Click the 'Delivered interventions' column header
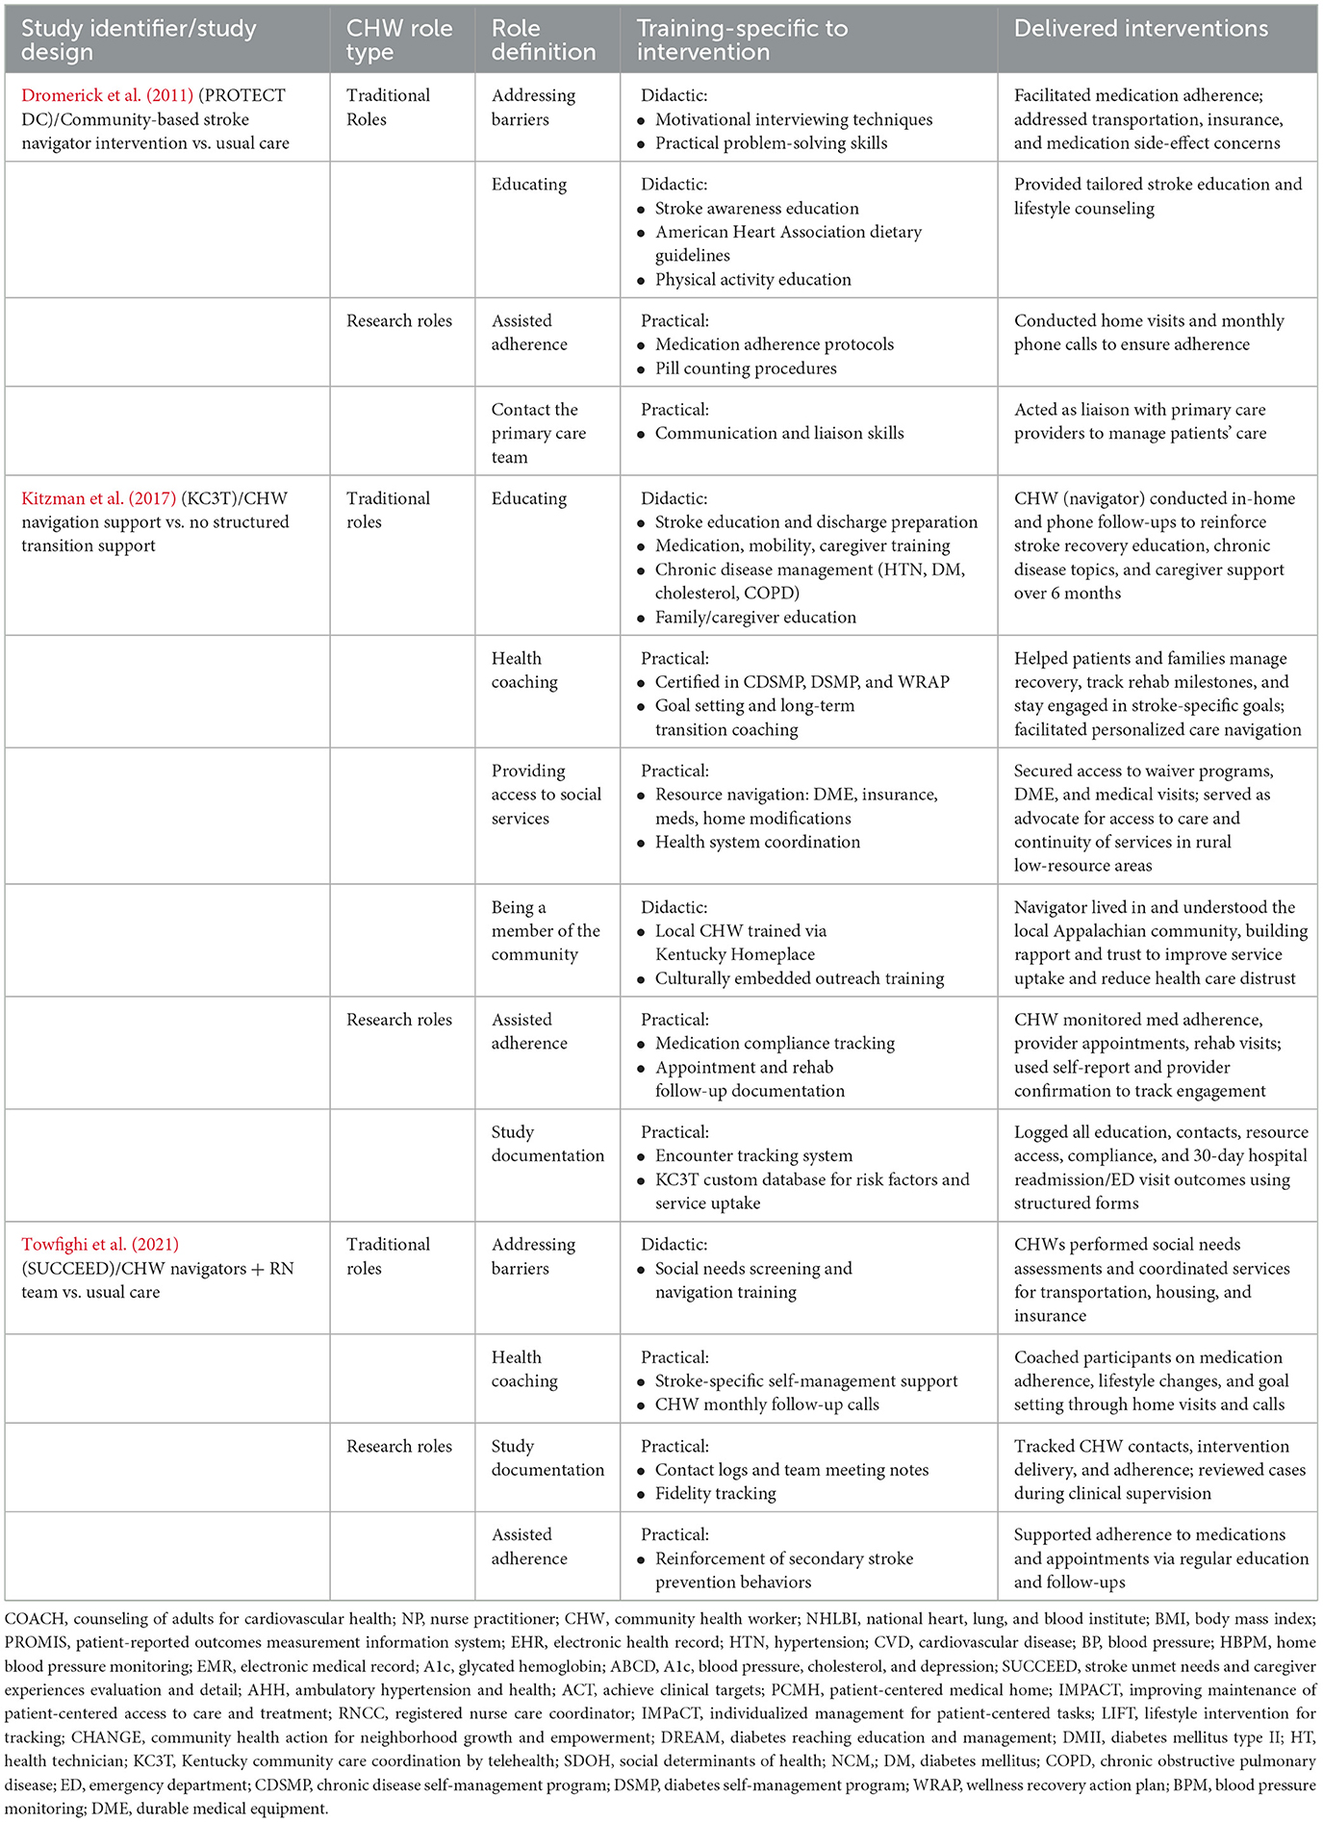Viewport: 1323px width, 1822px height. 1141,29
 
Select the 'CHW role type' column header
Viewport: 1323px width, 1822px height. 398,40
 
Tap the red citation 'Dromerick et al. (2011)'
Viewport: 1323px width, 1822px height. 107,95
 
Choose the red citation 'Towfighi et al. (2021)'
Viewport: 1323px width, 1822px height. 100,1244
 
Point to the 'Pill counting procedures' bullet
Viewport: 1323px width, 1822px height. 746,368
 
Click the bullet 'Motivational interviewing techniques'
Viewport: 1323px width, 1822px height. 793,119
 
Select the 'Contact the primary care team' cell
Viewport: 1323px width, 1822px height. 538,433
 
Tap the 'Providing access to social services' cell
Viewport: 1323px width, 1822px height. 546,795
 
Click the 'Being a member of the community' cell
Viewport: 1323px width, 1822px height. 545,930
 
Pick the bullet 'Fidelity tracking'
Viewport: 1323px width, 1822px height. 715,1493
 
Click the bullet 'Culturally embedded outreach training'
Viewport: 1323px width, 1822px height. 800,978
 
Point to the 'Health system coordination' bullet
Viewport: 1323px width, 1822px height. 757,842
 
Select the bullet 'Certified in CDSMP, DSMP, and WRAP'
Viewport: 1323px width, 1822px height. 801,682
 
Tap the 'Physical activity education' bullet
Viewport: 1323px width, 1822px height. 752,280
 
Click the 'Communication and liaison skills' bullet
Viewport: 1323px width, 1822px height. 779,433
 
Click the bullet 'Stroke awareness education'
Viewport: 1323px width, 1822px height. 756,209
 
